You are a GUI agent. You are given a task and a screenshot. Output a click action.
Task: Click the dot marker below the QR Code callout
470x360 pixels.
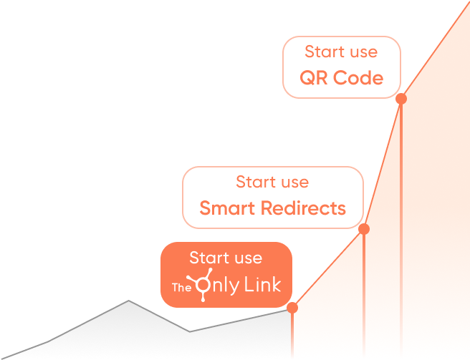pos(401,99)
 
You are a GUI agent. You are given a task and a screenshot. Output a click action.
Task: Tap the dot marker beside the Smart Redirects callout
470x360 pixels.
pos(364,229)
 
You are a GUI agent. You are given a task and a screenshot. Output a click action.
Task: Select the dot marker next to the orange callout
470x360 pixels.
pos(292,308)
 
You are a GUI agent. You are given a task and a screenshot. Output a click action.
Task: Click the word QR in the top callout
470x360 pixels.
pos(314,78)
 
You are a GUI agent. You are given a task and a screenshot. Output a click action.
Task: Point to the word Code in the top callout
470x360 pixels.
pos(358,78)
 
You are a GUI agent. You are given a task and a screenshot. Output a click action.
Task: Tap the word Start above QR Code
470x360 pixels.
pos(321,52)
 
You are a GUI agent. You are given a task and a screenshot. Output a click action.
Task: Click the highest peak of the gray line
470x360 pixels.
pos(129,301)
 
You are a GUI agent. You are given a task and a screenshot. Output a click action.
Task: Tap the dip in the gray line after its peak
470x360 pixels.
pos(190,331)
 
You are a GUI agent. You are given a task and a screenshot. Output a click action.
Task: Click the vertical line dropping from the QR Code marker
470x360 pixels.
pos(401,229)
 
